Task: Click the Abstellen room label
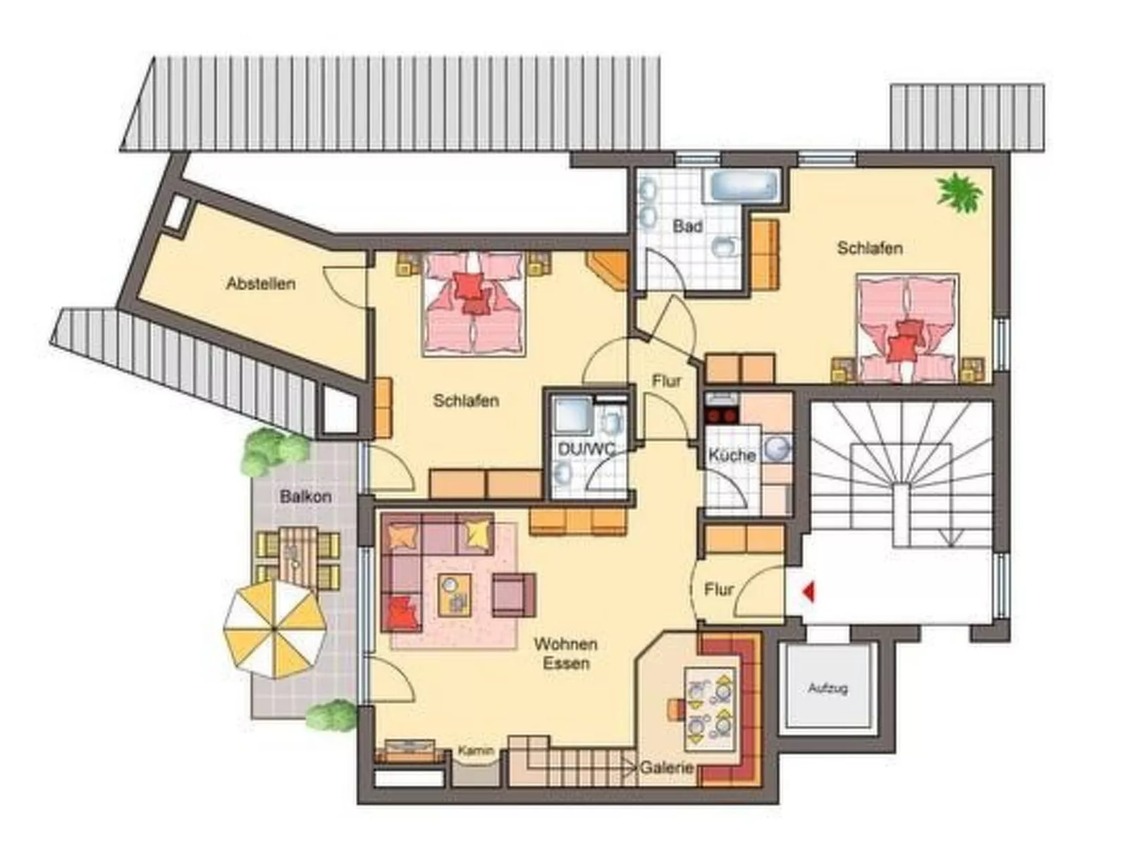pos(261,284)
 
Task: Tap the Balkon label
pos(305,497)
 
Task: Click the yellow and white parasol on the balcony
pos(274,628)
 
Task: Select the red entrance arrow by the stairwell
pos(808,591)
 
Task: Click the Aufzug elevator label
pos(828,688)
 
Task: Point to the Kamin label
pos(476,751)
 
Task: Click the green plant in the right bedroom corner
pos(959,191)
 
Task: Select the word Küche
pos(732,456)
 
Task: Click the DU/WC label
pos(586,449)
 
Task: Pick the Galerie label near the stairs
pos(666,767)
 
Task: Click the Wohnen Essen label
pos(565,653)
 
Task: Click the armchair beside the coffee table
pos(513,593)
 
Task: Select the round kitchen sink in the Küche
pos(777,449)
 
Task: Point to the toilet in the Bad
pos(724,246)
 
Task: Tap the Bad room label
pos(687,226)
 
